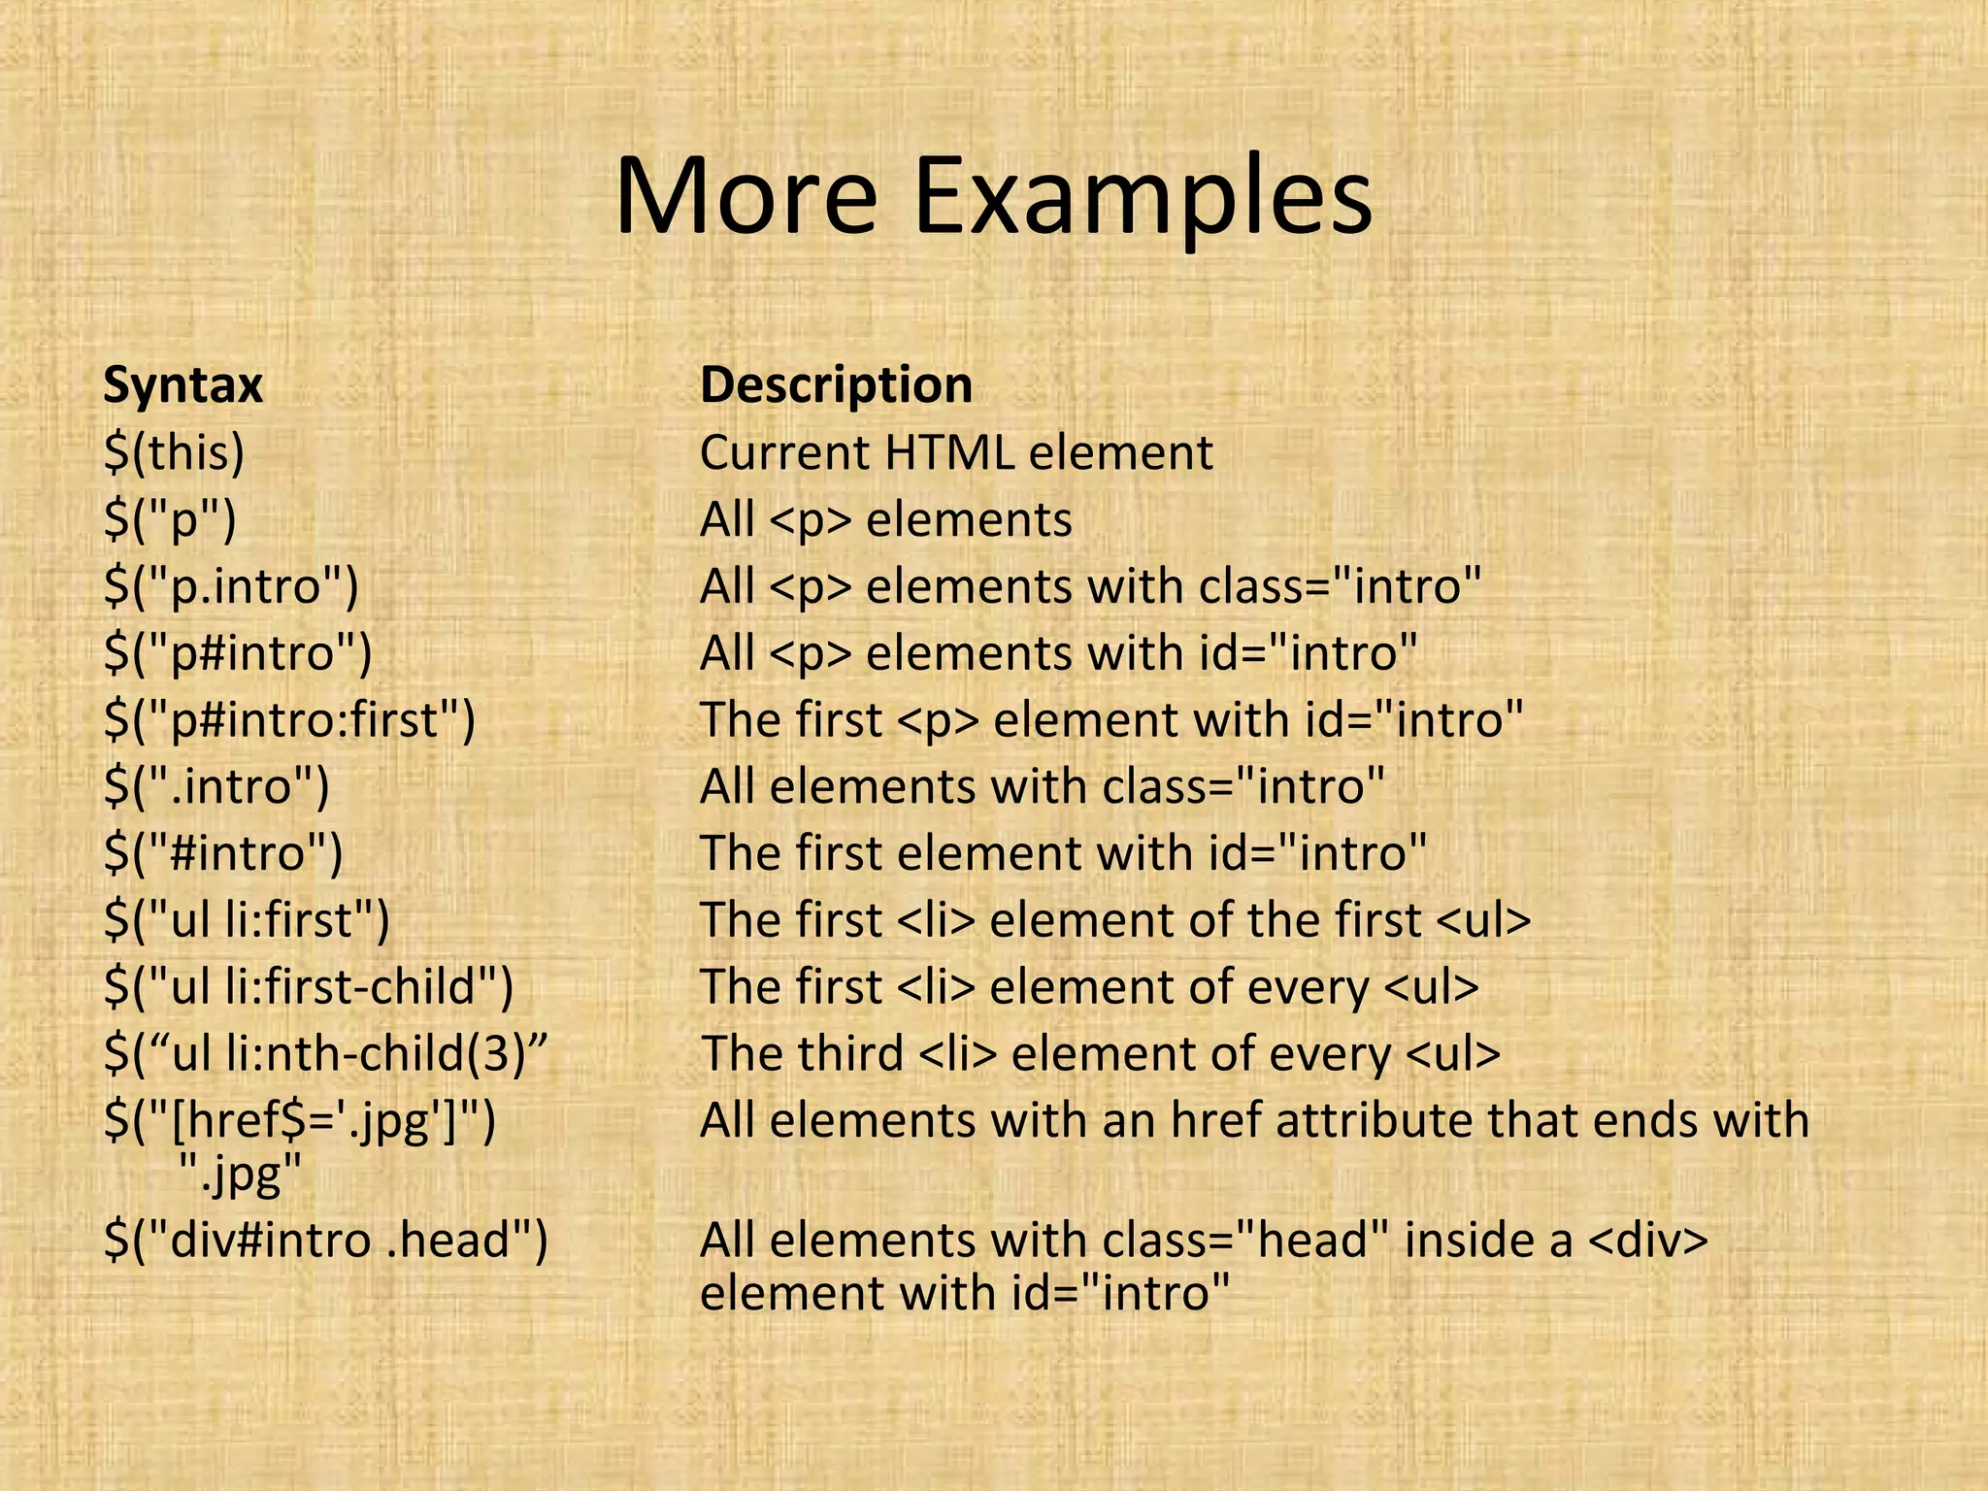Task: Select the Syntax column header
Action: (182, 385)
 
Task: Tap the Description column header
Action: (836, 384)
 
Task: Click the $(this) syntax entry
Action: (174, 453)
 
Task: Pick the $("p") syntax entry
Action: (170, 520)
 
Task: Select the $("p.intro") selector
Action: (231, 586)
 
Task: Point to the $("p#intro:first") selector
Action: (289, 720)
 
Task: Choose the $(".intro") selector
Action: (216, 786)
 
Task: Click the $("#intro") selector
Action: (223, 853)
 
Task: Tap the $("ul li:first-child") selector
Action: (309, 987)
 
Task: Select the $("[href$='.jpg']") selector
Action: (300, 1121)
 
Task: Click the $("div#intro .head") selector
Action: (326, 1241)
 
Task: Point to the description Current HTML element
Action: (956, 453)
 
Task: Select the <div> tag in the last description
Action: (1647, 1241)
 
